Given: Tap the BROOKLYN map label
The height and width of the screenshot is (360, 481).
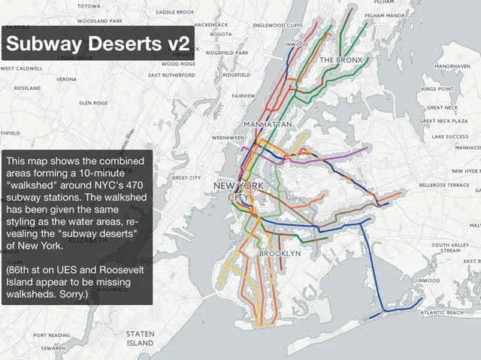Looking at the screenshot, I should (280, 254).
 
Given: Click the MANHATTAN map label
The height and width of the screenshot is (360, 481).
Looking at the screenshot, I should (268, 123).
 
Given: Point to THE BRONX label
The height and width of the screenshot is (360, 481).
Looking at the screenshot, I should (341, 59).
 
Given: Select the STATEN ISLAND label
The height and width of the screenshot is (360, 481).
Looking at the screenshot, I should (140, 338).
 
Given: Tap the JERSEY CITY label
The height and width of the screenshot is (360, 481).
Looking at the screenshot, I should (186, 178).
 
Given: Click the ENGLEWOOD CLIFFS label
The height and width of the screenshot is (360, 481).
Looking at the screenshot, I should (278, 25).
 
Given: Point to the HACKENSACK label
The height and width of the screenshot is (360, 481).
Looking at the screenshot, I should (211, 25).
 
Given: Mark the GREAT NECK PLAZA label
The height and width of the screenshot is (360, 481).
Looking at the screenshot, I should (443, 121).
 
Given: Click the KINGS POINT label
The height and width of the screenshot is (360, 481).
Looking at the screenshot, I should (437, 89).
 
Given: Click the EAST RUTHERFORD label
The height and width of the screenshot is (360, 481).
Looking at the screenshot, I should (171, 75).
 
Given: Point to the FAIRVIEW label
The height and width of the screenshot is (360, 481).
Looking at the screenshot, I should (244, 96).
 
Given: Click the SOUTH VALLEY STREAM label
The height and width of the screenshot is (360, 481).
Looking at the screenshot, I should (451, 248).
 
